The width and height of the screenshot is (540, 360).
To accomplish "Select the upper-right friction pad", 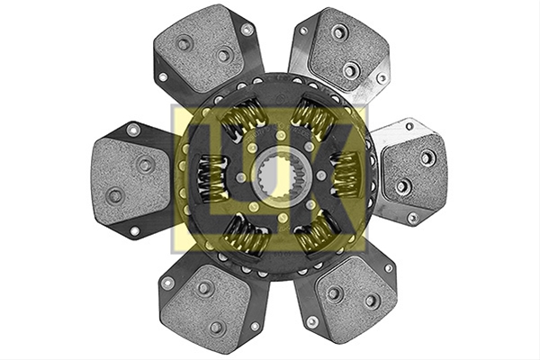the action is point(348,51).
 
